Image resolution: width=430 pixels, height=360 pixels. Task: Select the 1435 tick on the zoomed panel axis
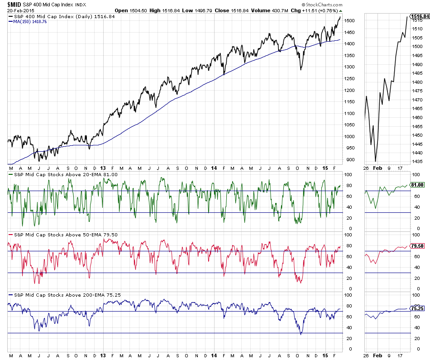tap(417, 161)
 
